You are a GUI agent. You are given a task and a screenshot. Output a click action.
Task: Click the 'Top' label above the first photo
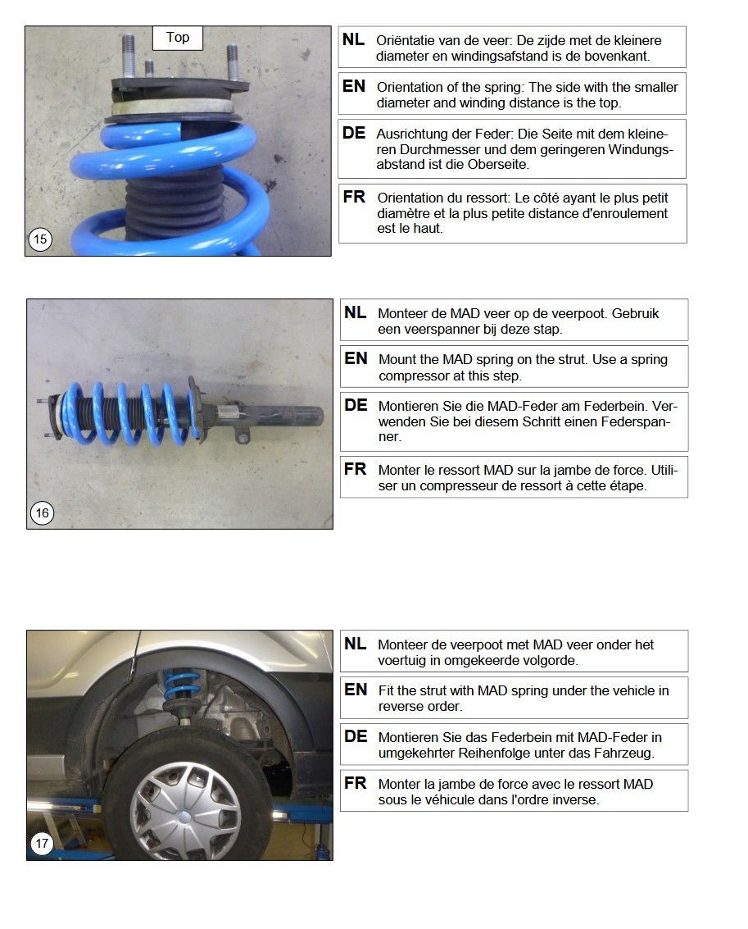[x=178, y=38]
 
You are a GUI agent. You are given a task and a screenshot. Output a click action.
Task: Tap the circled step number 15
[x=40, y=239]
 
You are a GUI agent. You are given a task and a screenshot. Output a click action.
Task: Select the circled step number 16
[x=42, y=512]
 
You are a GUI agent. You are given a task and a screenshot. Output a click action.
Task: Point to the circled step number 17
[x=42, y=843]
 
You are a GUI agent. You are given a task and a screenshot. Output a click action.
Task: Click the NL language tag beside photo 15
[x=353, y=39]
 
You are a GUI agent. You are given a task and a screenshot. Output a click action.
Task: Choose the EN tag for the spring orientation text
[x=354, y=86]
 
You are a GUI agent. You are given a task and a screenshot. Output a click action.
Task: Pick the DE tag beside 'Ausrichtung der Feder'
[x=354, y=133]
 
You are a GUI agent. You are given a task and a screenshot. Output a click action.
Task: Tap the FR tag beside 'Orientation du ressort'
[x=354, y=197]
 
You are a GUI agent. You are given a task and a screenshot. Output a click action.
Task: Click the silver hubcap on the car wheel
[x=185, y=813]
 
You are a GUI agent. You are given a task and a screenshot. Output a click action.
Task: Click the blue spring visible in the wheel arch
[x=180, y=685]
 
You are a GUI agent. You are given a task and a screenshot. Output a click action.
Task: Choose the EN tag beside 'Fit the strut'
[x=356, y=690]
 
